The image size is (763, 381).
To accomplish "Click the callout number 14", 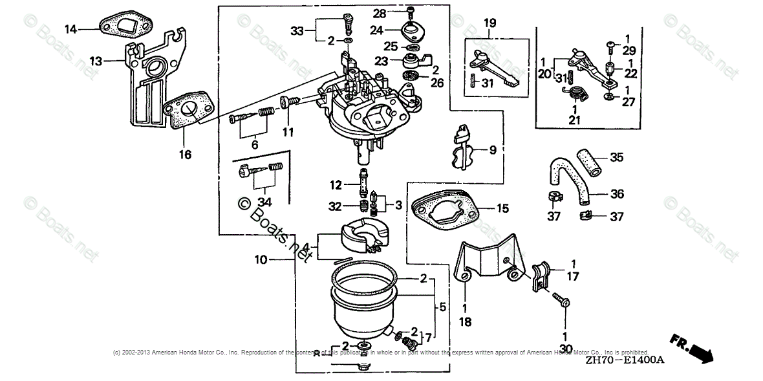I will [70, 28].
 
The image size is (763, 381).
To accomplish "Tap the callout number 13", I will [96, 61].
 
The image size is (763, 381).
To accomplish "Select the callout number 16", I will [185, 154].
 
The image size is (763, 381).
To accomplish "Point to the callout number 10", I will [260, 260].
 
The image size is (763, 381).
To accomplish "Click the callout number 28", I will [379, 12].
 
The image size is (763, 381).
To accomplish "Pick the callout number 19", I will [489, 23].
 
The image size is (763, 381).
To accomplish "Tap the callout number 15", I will [502, 208].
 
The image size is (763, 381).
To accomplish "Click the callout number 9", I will [493, 151].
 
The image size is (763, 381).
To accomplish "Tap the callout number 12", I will [335, 186].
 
